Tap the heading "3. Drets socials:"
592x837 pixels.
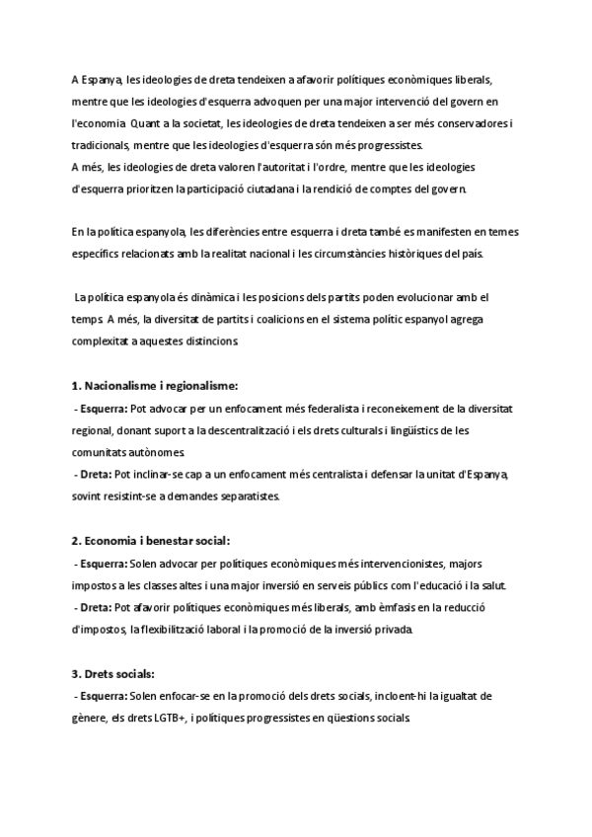click(x=113, y=674)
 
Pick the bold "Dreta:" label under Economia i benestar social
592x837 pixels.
click(x=95, y=607)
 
